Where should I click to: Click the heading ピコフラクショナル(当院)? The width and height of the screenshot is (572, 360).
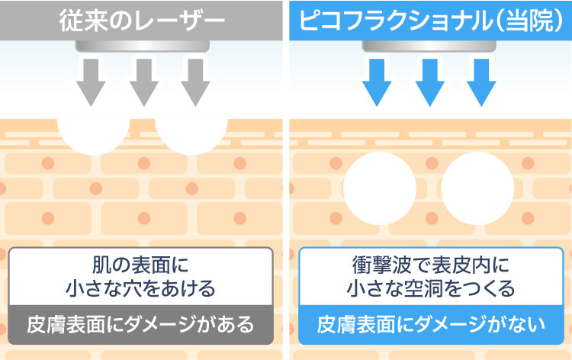pos(432,19)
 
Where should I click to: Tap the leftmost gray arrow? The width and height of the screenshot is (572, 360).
pos(92,80)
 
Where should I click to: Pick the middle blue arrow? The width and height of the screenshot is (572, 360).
pos(428,80)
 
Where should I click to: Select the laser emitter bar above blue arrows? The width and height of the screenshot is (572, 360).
pos(428,46)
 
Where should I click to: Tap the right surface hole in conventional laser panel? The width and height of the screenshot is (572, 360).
pos(190,131)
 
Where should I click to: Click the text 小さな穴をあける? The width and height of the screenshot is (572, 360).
pos(140,289)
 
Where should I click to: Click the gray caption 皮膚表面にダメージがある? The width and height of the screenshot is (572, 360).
pos(140,325)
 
